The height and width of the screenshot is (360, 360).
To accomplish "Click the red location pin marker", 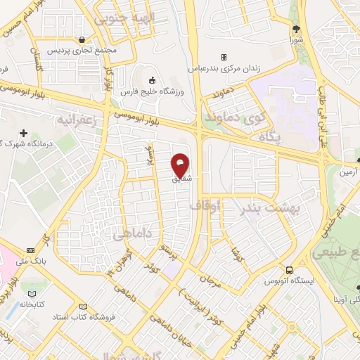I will pos(181,165).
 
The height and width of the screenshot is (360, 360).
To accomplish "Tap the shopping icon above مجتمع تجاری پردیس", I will pos(84,40).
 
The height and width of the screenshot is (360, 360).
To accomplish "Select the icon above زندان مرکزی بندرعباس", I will pos(224,57).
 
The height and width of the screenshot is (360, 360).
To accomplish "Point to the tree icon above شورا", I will pos(296,29).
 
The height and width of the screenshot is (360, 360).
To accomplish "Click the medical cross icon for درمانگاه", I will pos(24,133).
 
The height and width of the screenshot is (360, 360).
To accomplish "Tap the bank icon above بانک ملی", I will pos(31,250).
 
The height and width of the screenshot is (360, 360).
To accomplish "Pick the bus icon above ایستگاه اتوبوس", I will pos(290,270).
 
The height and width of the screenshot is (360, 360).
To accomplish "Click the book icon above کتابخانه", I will pos(31,293).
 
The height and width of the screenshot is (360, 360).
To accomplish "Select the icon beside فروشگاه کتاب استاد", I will pos(84,308).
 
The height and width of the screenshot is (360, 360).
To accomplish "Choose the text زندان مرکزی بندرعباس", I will pos(224,68).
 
